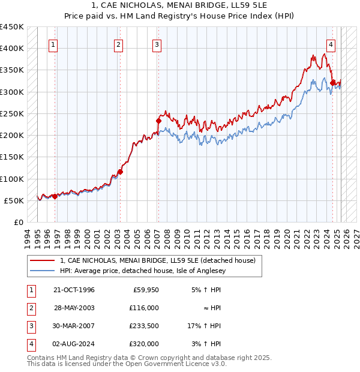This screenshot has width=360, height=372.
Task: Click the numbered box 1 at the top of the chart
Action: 53,44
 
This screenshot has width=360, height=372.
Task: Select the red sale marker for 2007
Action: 158,121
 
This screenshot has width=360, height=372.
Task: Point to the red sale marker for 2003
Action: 120,172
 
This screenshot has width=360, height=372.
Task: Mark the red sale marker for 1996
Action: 55,196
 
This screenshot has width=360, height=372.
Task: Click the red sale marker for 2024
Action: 332,83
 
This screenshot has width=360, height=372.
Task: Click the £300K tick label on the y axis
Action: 12,92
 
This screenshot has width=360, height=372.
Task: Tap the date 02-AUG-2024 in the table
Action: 74,344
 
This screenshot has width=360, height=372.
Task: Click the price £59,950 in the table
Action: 145,290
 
